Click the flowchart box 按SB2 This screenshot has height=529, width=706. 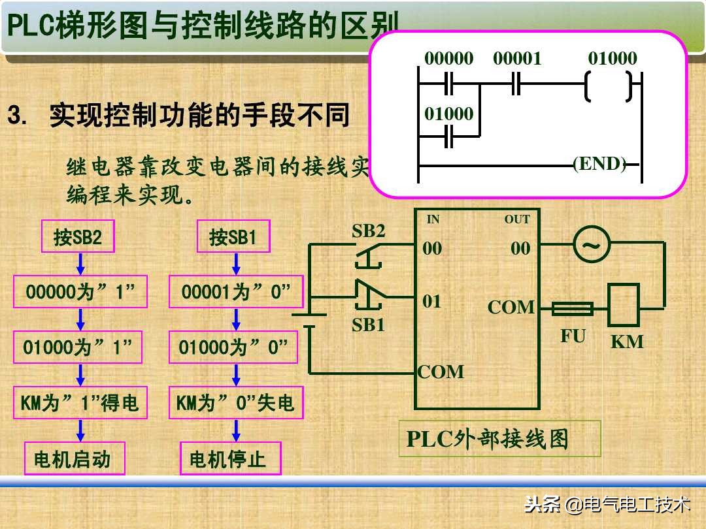[x=78, y=236]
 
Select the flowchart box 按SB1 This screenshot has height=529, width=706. [x=233, y=236]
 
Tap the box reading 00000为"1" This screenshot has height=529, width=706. [x=80, y=292]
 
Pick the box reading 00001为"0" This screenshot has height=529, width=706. [x=236, y=292]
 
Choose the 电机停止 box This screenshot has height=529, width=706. [x=230, y=459]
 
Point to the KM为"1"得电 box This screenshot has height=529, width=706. [x=80, y=403]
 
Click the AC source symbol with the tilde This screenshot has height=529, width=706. [x=591, y=246]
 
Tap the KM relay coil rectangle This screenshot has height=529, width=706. [x=623, y=304]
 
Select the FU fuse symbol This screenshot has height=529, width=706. [x=573, y=309]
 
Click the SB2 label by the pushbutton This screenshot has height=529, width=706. [x=369, y=231]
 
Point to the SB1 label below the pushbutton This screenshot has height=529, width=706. [x=369, y=325]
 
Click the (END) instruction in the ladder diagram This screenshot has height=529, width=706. [x=599, y=164]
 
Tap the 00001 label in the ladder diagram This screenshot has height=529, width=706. [x=517, y=59]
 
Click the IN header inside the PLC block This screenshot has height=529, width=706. [x=433, y=220]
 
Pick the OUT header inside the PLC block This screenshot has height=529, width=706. [x=516, y=220]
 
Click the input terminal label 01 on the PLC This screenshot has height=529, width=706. [x=432, y=302]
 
